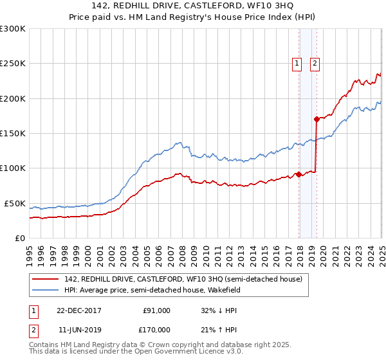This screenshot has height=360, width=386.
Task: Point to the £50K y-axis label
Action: [x=14, y=203]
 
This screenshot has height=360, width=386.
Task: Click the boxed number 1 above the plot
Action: [x=297, y=63]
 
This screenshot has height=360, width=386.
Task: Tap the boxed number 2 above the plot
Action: [x=315, y=63]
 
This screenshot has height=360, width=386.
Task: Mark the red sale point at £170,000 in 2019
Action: [x=317, y=119]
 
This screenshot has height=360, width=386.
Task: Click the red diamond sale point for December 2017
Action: [x=299, y=174]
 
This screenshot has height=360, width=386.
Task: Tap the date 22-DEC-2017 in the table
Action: [x=79, y=310]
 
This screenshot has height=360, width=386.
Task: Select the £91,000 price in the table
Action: [x=156, y=310]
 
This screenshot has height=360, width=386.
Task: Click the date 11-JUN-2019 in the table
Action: [x=79, y=329]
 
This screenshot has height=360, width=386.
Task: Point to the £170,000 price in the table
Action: [x=156, y=329]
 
